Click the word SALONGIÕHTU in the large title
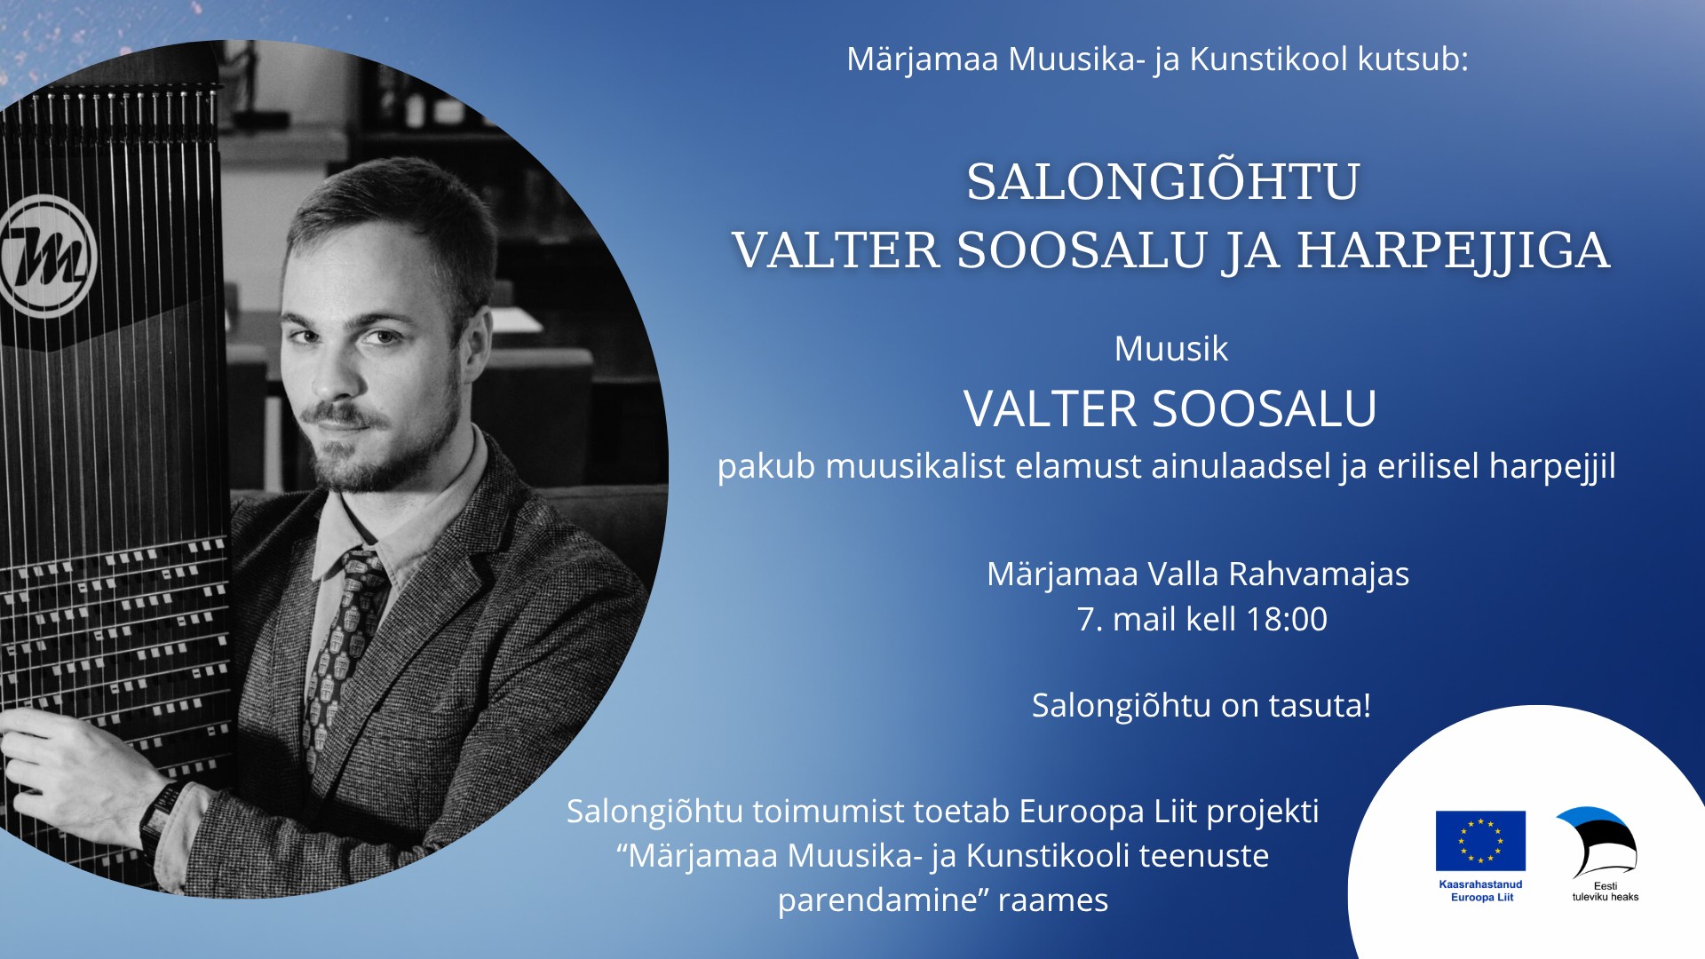[1163, 181]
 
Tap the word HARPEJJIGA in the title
[1454, 250]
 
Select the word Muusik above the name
[1171, 348]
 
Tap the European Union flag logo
[1480, 840]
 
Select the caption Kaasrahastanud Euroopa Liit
[1481, 891]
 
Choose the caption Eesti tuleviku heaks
[1606, 892]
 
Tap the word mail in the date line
[1144, 619]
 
